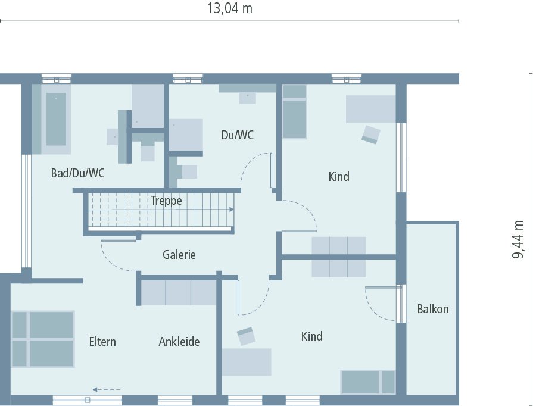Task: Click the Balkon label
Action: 432,309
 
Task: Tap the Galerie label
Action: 179,255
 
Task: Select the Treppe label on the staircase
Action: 166,201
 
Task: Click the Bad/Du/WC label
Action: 77,173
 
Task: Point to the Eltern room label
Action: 102,342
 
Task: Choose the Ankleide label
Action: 179,342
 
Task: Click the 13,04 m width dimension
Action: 229,8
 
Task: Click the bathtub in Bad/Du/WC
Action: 56,119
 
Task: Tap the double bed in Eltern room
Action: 42,339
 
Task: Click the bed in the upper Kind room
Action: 294,112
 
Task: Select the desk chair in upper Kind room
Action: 370,135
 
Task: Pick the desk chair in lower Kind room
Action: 246,337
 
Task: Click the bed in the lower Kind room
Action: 367,382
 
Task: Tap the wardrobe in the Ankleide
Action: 178,293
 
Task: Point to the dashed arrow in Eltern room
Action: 107,390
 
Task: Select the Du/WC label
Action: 237,135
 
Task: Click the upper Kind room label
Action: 339,177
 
